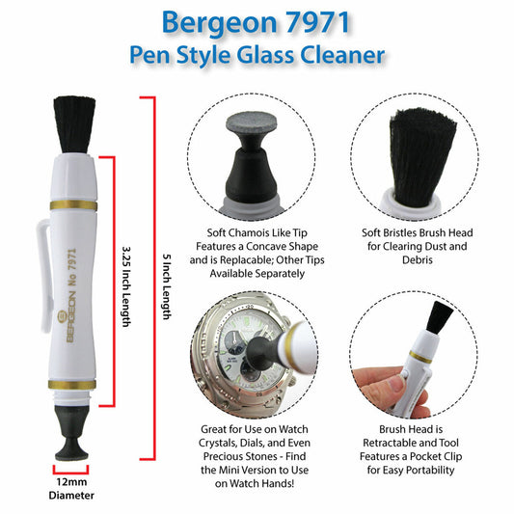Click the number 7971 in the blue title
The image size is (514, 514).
(x=318, y=22)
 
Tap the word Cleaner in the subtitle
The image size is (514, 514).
(x=342, y=54)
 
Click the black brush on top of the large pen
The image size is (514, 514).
(x=74, y=124)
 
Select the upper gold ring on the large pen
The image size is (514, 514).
(x=73, y=205)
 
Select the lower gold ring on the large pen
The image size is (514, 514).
(x=72, y=385)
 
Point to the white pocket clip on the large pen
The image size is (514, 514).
(x=44, y=276)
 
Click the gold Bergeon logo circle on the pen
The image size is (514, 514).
(x=63, y=316)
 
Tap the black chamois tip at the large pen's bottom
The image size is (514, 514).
(x=71, y=433)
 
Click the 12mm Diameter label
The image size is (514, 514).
(x=71, y=488)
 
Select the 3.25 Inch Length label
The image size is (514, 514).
(x=126, y=286)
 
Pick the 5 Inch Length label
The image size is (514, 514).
(x=167, y=286)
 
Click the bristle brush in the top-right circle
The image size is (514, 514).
(x=421, y=157)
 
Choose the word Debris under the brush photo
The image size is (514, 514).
(x=418, y=260)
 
